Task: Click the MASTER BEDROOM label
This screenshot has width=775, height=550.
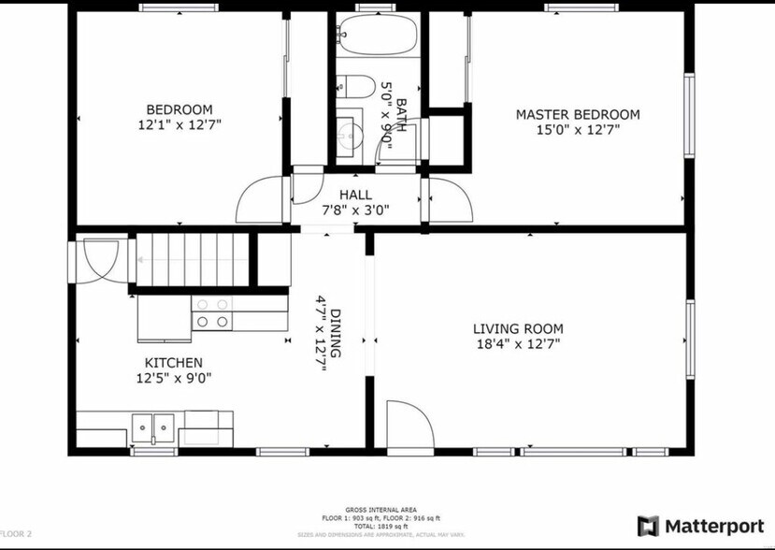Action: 578,115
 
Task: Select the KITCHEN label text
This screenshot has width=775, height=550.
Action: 173,363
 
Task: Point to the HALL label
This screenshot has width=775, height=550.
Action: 355,195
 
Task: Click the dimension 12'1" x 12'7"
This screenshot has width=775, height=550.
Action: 179,124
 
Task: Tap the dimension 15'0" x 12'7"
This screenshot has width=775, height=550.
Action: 578,130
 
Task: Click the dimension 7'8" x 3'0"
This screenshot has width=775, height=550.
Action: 355,210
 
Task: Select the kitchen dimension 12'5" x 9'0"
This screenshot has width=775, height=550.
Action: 173,379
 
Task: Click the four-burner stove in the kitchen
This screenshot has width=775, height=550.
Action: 211,312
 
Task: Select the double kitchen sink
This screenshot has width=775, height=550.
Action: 152,427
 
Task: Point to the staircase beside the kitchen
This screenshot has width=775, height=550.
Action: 192,259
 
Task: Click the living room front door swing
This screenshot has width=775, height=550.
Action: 409,426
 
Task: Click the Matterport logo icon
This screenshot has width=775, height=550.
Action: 648,526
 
